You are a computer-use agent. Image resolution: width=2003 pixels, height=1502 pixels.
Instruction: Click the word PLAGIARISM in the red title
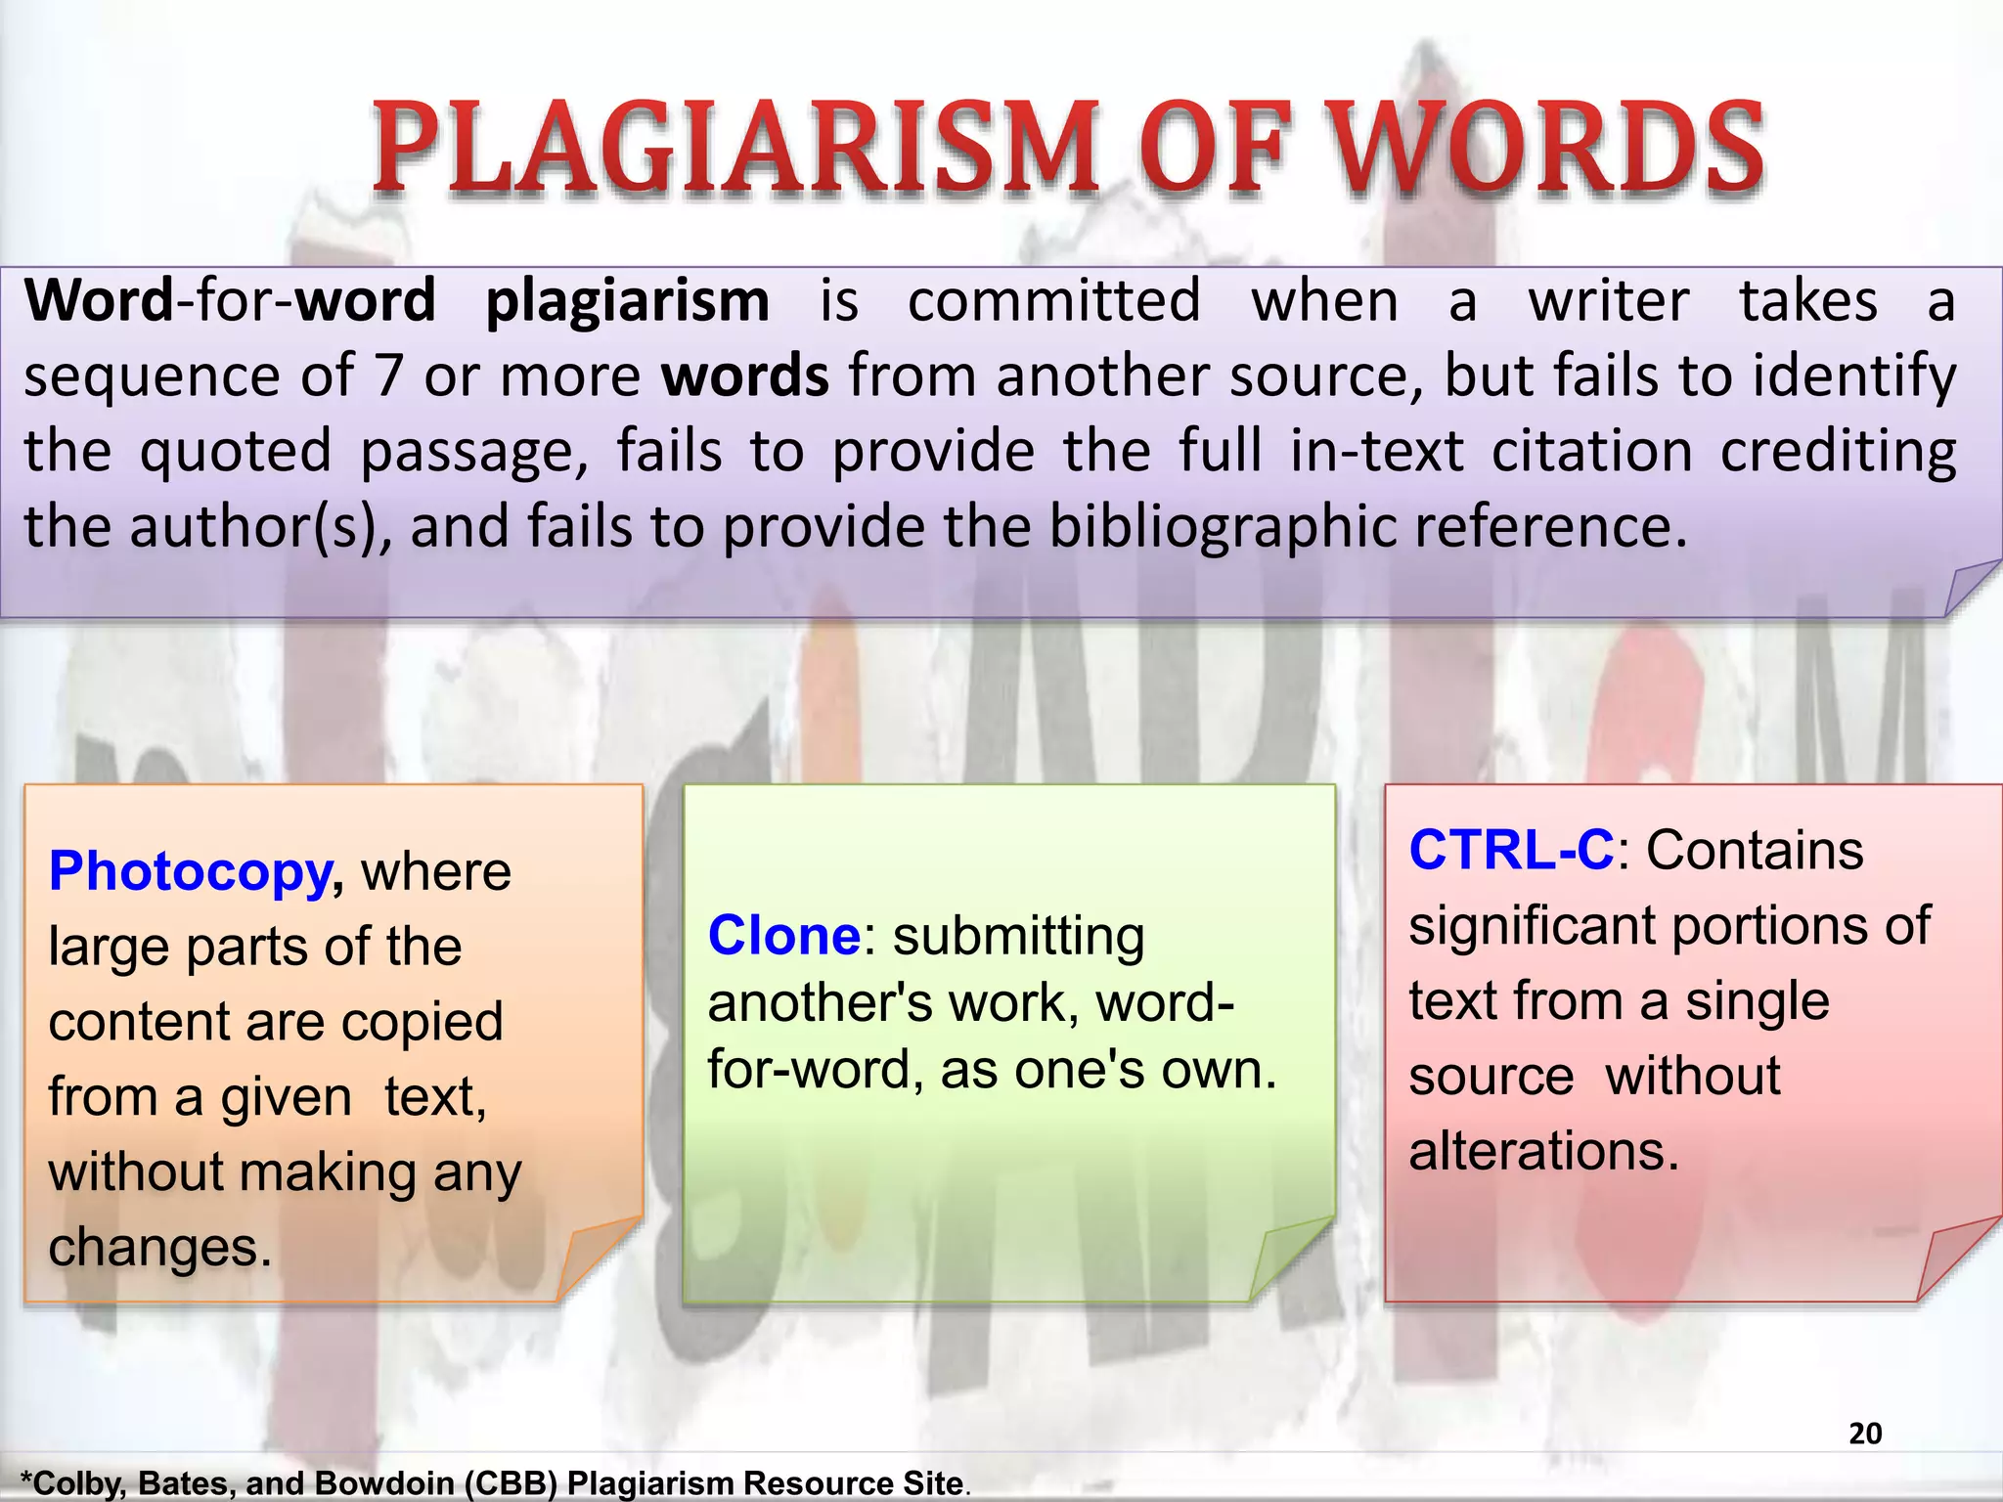734,149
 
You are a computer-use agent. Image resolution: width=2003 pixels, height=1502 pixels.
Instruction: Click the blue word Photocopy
192,871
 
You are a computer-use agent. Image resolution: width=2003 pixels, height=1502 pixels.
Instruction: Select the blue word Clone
783,936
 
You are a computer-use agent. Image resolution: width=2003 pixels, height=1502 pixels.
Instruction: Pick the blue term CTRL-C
1511,850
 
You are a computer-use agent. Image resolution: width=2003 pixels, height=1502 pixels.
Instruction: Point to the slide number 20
1865,1434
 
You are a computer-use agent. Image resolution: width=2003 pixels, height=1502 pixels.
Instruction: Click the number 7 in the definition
388,375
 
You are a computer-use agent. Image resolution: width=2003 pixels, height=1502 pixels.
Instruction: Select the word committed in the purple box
1053,300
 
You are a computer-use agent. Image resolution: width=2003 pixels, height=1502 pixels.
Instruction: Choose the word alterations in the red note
1543,1151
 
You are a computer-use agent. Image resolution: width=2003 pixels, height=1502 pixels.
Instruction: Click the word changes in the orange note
159,1248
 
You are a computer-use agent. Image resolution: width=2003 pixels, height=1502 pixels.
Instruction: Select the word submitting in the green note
1018,936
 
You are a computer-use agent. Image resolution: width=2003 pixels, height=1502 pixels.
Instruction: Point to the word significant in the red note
1532,925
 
